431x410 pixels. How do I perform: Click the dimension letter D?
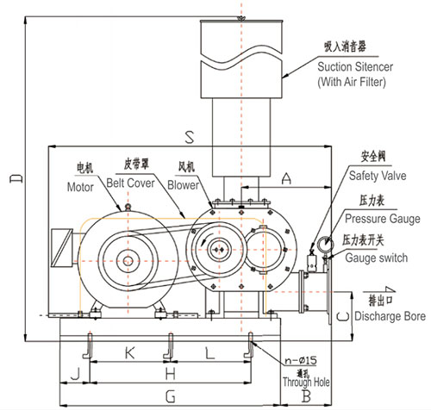(12, 178)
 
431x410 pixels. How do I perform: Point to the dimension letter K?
(129, 352)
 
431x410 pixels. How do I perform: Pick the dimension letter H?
(171, 373)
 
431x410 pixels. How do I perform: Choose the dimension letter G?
(170, 395)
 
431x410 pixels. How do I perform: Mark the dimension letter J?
(76, 373)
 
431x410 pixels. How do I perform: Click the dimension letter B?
(306, 395)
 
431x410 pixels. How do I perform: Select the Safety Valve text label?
(377, 175)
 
